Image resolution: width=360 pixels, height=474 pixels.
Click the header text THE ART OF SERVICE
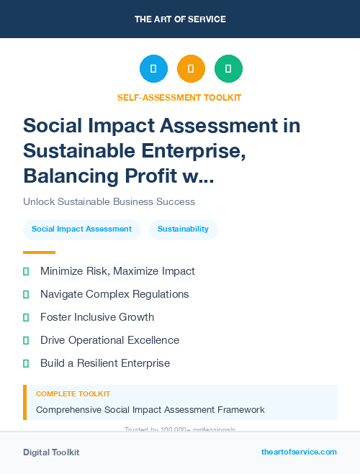click(180, 19)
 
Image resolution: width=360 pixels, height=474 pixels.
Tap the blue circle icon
click(153, 69)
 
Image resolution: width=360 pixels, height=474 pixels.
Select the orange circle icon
click(191, 69)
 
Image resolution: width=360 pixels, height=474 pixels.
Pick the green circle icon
click(228, 69)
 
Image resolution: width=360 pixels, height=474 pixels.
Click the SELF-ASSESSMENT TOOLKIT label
click(179, 97)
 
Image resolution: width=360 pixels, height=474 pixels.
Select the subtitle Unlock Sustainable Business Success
click(109, 201)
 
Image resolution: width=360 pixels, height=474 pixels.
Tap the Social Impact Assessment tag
click(81, 229)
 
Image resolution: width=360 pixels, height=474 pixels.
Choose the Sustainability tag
click(183, 229)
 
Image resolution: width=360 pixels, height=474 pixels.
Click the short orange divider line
click(39, 252)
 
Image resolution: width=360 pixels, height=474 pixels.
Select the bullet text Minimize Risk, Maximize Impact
click(117, 271)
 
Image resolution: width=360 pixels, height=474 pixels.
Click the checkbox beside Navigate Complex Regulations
click(26, 294)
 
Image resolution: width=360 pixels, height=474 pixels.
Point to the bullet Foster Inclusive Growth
click(97, 317)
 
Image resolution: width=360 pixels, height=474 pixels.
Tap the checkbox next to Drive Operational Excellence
click(26, 340)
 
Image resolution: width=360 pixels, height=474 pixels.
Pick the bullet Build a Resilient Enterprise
click(105, 363)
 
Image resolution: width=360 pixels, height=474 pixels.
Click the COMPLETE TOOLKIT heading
click(73, 394)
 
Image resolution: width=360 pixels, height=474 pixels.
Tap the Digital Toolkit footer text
click(51, 452)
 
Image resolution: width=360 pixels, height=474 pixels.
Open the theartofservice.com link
click(299, 452)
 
